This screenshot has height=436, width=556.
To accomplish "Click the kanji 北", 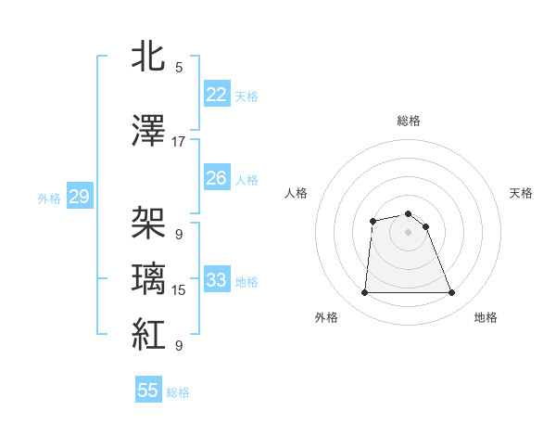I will click(x=149, y=56).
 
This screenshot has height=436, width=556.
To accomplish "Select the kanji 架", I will click(x=149, y=223).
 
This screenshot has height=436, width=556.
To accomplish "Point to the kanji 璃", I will click(x=149, y=278).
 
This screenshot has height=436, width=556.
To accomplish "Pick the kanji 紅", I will click(x=149, y=334).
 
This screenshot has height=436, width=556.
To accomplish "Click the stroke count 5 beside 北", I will click(x=179, y=67).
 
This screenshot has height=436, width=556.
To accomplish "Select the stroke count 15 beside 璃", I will click(x=179, y=290).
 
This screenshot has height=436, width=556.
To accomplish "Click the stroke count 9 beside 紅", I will click(x=179, y=346).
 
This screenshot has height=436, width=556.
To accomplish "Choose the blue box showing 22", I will click(x=216, y=95).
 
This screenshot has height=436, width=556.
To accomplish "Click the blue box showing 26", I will click(x=216, y=178).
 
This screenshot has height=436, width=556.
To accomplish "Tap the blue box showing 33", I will click(x=216, y=280).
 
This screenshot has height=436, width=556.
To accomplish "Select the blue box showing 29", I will click(x=78, y=197).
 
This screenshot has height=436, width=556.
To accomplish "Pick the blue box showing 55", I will click(x=148, y=391).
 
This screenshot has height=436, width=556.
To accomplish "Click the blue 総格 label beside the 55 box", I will click(x=178, y=392).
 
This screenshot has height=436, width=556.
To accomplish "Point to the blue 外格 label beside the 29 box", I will click(x=49, y=198).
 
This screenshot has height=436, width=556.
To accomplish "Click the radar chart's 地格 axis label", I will click(x=486, y=318).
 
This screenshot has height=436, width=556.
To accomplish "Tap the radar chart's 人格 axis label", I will click(x=297, y=193).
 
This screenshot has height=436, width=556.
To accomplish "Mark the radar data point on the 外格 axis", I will click(x=364, y=293).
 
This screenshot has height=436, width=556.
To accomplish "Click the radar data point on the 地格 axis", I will click(x=452, y=293).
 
